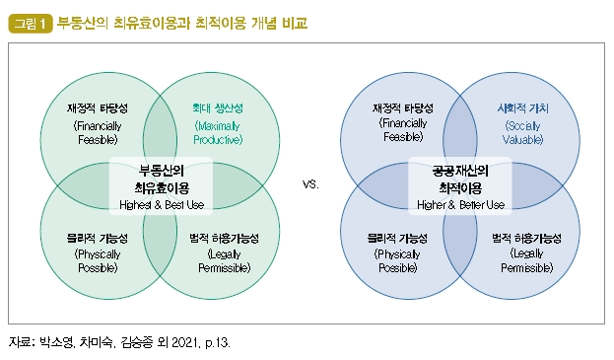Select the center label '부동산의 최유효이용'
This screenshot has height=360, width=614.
point(162,177)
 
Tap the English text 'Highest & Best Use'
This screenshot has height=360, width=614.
point(162,203)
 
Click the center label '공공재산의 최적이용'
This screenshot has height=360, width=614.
point(461,177)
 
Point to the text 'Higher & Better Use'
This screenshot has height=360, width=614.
point(461,204)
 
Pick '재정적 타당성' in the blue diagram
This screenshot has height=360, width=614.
point(403,108)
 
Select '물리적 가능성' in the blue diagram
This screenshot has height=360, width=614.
point(403,238)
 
